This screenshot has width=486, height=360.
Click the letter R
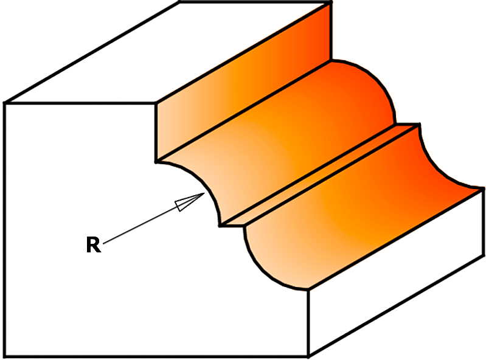[x=93, y=244]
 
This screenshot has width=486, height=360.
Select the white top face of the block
[x=167, y=53]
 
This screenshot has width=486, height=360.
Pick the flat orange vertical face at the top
[x=243, y=82]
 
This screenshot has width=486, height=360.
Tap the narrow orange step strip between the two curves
[x=319, y=175]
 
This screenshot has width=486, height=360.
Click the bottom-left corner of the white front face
[x=5, y=356]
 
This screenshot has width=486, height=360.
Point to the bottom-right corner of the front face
[x=308, y=356]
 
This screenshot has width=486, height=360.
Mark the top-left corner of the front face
[x=5, y=103]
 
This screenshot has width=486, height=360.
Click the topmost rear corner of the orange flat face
[x=331, y=2]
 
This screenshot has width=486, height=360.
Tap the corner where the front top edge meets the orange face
[x=156, y=103]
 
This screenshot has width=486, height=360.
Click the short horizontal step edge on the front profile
[x=232, y=226]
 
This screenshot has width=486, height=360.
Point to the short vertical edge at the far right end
[x=484, y=222]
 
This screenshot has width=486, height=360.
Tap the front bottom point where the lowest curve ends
[x=308, y=289]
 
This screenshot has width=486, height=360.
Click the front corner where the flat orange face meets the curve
[x=156, y=161]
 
